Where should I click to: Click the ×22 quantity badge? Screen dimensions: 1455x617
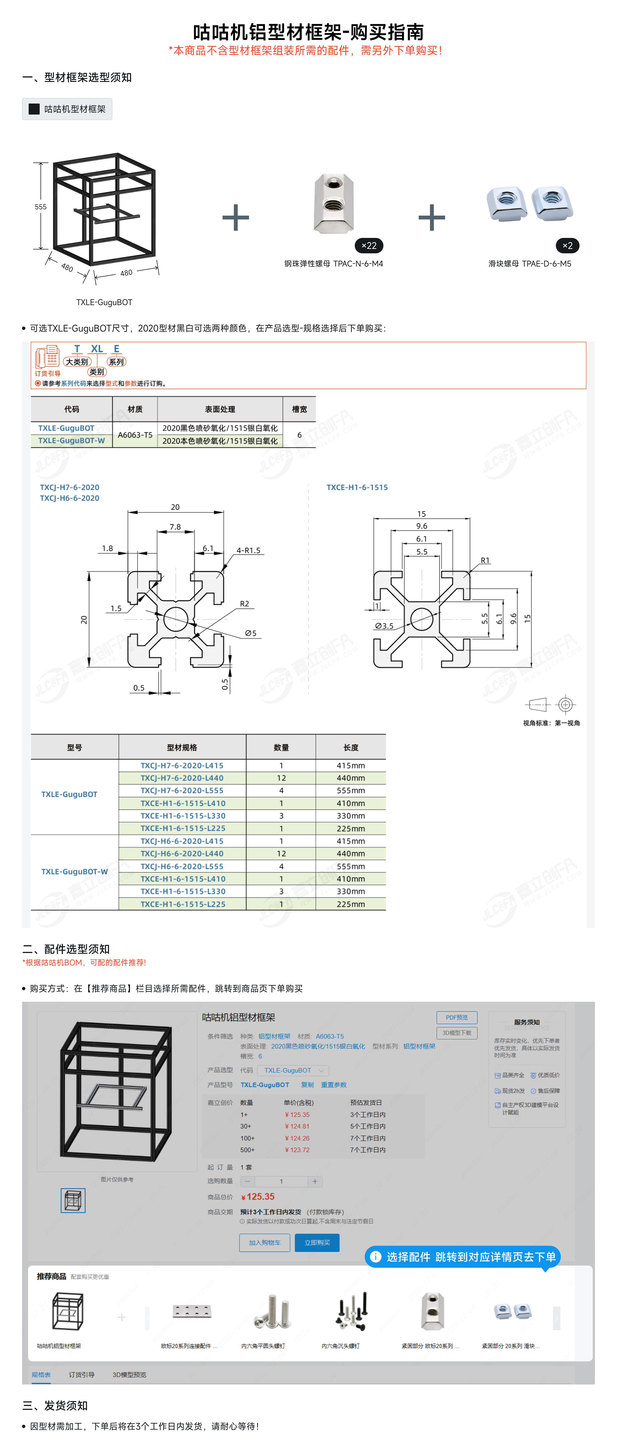(369, 246)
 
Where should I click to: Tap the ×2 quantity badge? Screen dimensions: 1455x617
(567, 246)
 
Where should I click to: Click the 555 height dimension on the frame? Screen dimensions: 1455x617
(41, 207)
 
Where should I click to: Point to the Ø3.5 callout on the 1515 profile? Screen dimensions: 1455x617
(384, 626)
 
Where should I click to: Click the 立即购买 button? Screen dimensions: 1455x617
(317, 1243)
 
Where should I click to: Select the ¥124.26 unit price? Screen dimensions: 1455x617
(297, 1138)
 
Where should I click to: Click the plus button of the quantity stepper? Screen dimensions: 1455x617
(315, 1181)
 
